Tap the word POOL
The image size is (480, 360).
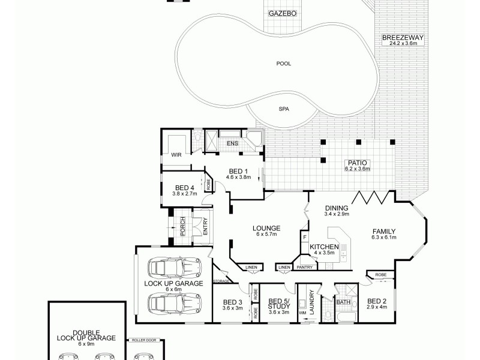point(283,64)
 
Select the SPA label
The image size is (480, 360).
point(283,109)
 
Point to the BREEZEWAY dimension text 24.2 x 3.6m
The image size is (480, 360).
point(403,44)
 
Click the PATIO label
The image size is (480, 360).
point(358,162)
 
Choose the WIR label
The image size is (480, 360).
point(176,155)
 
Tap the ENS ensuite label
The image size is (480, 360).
point(232,143)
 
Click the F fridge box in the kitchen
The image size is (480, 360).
point(305,238)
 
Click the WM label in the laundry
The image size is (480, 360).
point(302,313)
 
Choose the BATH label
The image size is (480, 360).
point(343,302)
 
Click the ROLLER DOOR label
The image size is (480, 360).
point(144,340)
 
